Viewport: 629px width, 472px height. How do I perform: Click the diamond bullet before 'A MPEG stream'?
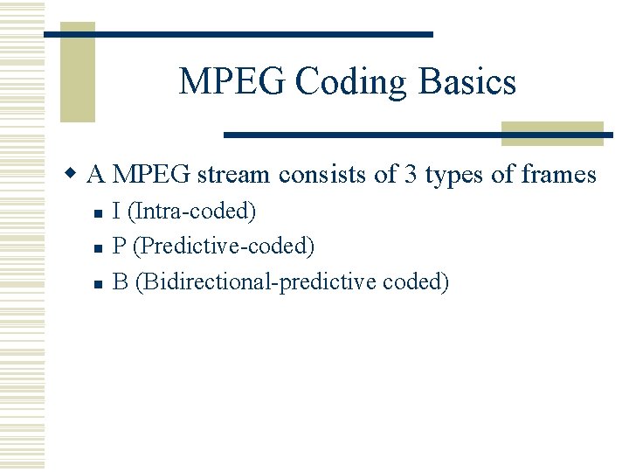click(x=76, y=175)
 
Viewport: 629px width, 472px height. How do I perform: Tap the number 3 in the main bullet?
click(x=410, y=175)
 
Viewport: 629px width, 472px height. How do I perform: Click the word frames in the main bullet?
click(x=558, y=175)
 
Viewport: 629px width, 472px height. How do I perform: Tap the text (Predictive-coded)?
click(x=224, y=246)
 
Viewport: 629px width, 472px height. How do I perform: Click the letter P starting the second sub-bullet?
click(x=120, y=246)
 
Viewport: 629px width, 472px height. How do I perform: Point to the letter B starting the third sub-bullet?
click(x=121, y=282)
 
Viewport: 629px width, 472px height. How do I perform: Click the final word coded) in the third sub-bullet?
click(x=416, y=282)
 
